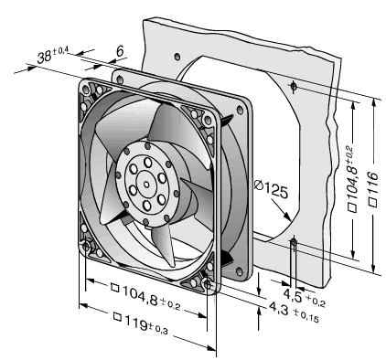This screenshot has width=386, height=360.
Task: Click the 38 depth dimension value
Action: click(x=44, y=57)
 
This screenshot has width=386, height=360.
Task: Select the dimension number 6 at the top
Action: click(x=120, y=51)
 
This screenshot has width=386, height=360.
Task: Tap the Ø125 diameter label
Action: click(x=271, y=190)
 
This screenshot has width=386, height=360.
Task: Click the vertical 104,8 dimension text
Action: click(x=353, y=180)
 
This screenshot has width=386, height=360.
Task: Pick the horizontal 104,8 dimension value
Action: click(x=139, y=294)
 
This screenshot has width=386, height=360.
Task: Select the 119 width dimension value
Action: click(x=135, y=323)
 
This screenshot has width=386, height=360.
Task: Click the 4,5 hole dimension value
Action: click(x=293, y=294)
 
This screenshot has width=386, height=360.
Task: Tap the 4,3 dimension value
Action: click(x=278, y=309)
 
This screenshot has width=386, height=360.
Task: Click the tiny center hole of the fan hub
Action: click(x=146, y=185)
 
